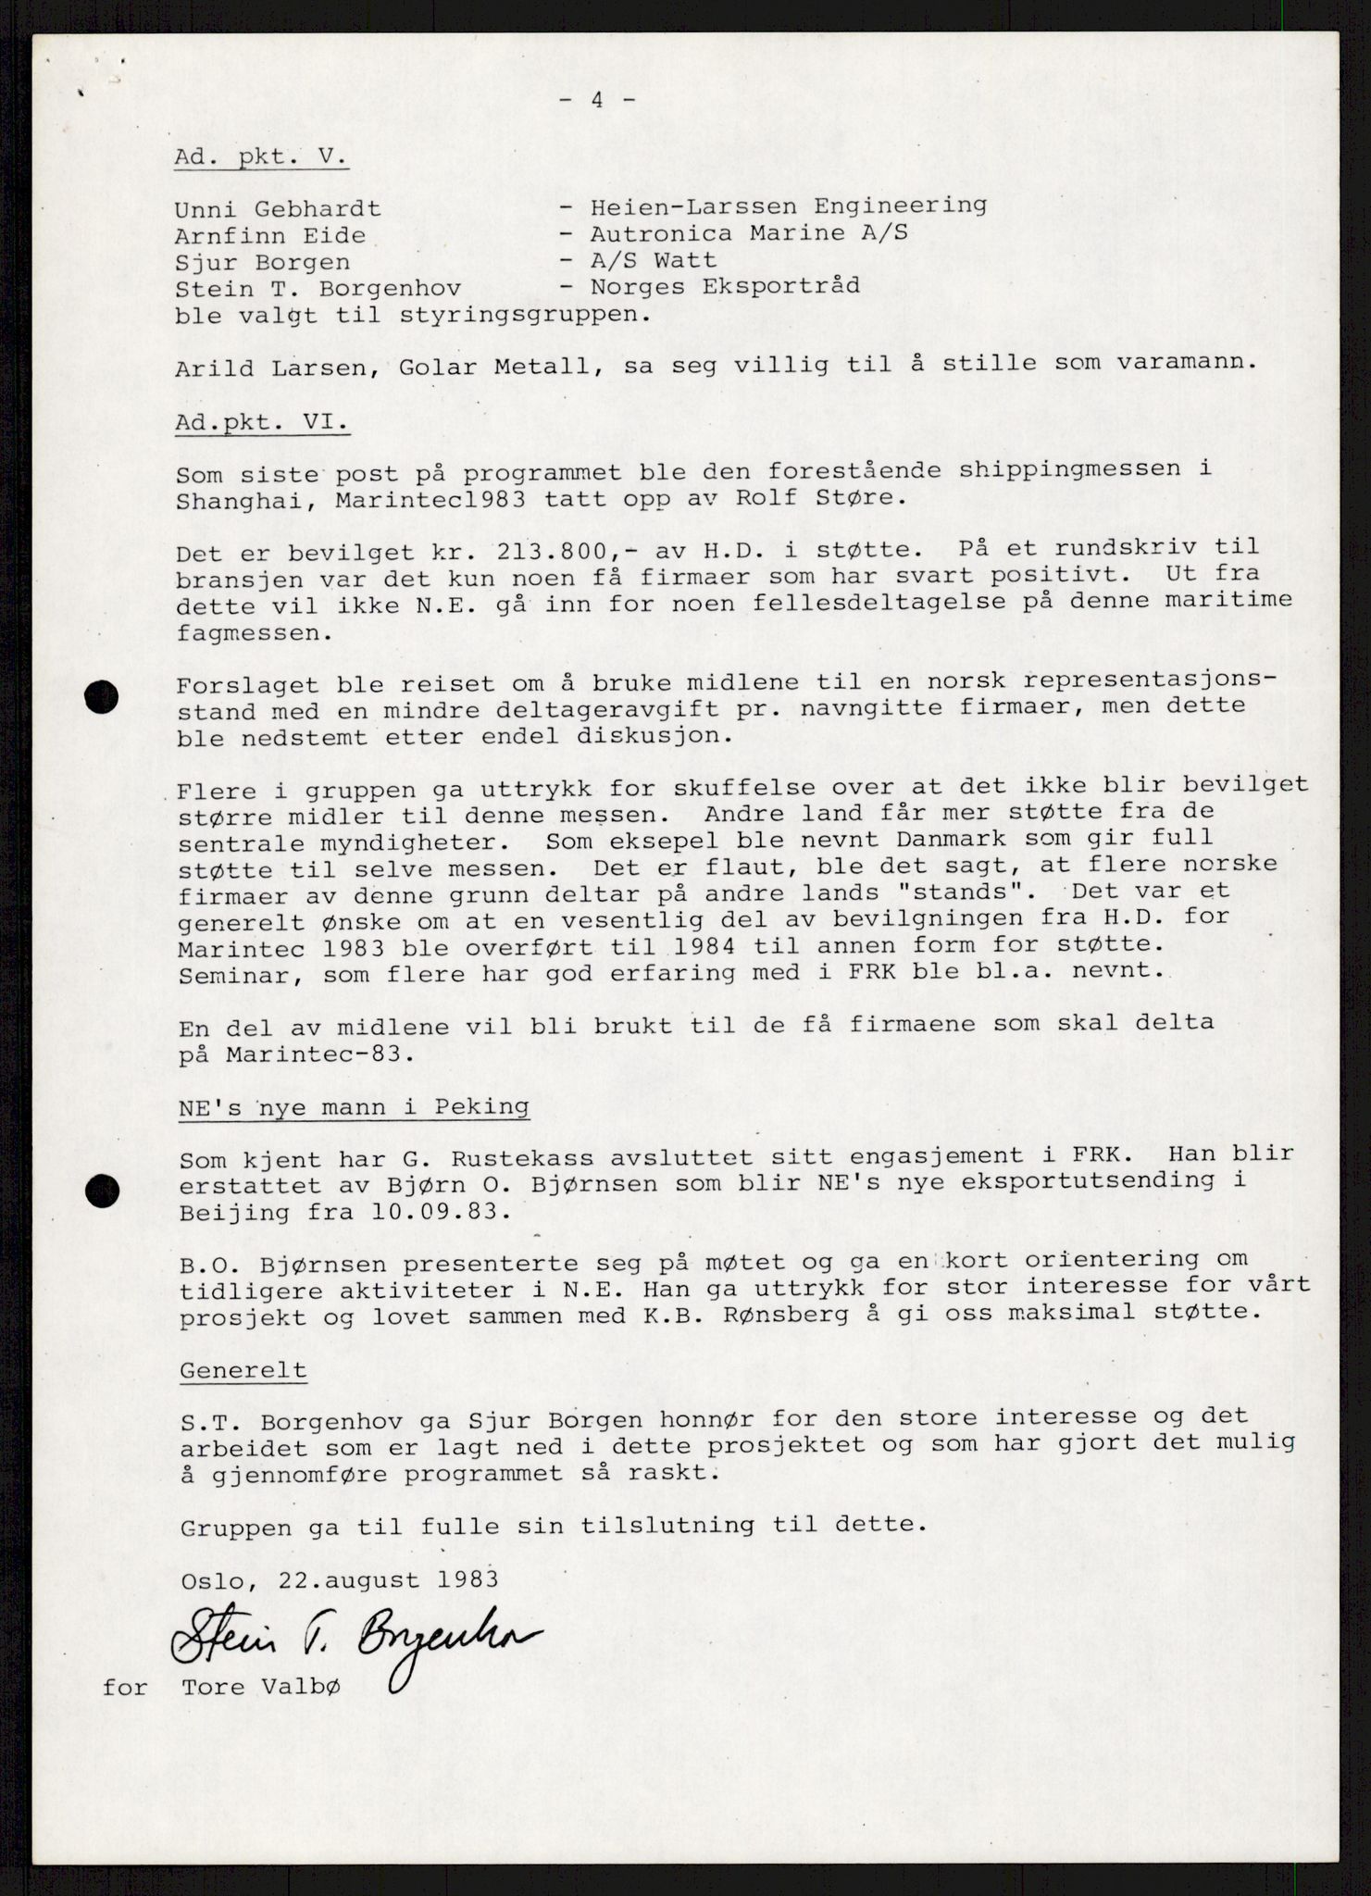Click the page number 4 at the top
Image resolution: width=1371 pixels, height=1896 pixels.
click(x=597, y=100)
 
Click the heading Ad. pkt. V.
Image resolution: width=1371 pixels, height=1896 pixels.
click(x=261, y=156)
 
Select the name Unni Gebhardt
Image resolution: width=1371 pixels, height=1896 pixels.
click(x=279, y=210)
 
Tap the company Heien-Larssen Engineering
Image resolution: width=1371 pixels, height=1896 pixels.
click(x=788, y=206)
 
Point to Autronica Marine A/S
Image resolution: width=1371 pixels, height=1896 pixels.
click(x=749, y=233)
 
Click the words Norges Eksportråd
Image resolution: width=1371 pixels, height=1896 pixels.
click(x=725, y=286)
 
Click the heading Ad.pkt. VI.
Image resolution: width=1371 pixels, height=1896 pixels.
click(x=263, y=423)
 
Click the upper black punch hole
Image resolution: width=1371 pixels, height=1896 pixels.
click(x=101, y=696)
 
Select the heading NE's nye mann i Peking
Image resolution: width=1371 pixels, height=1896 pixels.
click(x=355, y=1107)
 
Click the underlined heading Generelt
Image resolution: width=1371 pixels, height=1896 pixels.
click(x=243, y=1370)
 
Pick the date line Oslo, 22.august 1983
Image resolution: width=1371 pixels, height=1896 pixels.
click(x=340, y=1578)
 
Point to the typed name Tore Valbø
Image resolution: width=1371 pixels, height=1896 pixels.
click(x=261, y=1687)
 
